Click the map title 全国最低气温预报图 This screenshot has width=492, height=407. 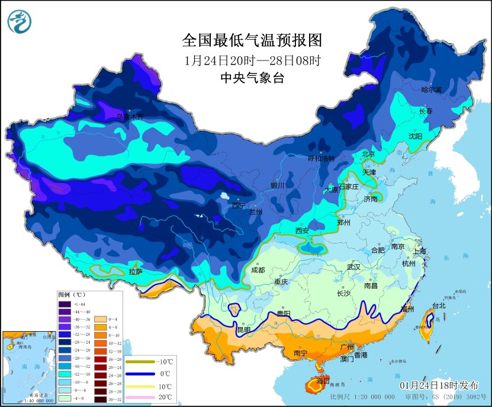click(252, 40)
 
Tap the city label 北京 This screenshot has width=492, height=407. click(368, 154)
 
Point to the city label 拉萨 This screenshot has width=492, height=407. click(136, 272)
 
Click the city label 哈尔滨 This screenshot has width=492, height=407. click(432, 89)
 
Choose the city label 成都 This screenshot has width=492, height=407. click(258, 270)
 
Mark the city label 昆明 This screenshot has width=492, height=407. click(244, 329)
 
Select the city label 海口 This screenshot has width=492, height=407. click(323, 380)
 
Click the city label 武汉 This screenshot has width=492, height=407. click(353, 267)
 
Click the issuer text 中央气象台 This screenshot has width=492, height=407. click(252, 78)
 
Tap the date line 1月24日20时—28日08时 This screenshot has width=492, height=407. click(252, 60)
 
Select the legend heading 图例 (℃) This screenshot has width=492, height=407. click(72, 294)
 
